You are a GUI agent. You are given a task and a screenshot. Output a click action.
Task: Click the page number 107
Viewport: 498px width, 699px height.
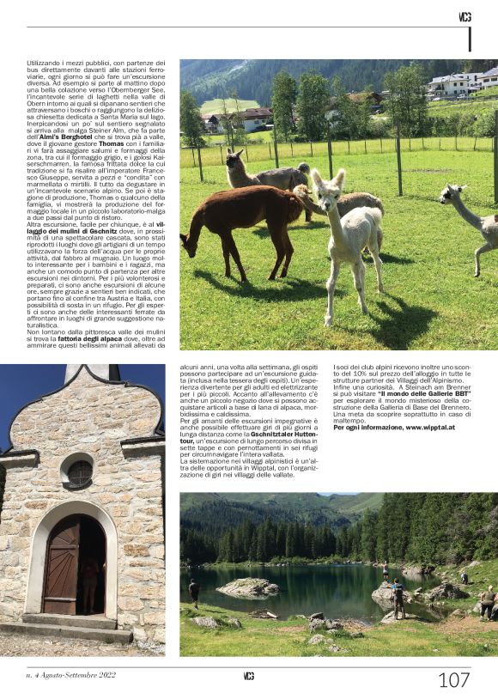[x=453, y=680]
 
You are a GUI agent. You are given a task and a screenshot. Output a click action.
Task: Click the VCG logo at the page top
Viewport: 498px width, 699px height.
[x=465, y=16]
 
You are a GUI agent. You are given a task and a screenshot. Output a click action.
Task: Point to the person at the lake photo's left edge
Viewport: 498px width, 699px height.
[x=194, y=592]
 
